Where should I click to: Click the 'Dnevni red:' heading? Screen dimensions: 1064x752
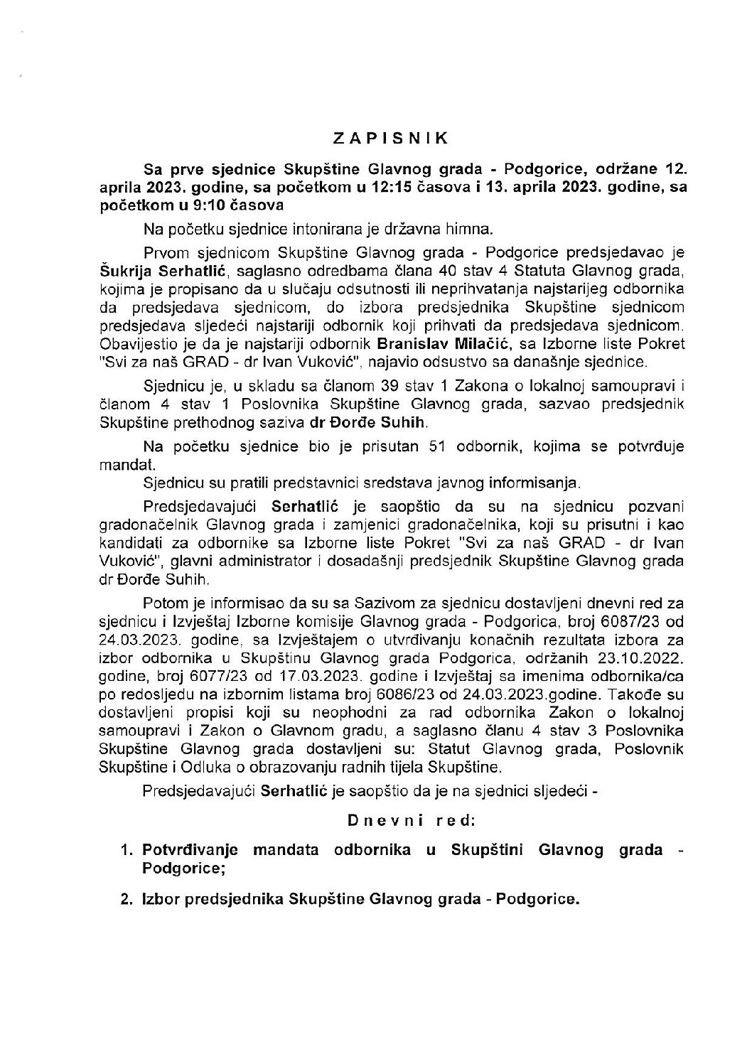[411, 820]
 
